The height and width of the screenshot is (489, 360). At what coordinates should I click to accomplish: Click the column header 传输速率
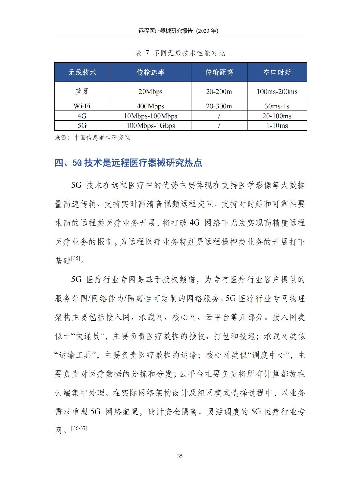point(150,72)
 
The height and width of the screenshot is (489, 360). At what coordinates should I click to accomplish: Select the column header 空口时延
point(277,72)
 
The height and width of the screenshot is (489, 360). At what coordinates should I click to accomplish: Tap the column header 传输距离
point(219,72)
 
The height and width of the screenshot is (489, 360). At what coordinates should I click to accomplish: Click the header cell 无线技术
point(82,72)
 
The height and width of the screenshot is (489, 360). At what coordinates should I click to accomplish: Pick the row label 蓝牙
point(82,91)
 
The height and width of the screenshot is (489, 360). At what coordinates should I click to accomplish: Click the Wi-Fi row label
point(82,106)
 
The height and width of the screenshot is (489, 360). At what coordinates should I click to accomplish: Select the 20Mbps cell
point(150,91)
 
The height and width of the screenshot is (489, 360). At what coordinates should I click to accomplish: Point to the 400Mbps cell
point(150,106)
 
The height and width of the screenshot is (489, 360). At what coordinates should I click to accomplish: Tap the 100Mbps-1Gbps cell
point(151,126)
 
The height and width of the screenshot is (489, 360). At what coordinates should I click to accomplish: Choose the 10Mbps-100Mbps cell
point(150,116)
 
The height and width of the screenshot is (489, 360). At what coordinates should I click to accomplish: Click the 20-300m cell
point(219,106)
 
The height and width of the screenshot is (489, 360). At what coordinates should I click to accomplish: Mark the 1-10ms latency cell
point(277,126)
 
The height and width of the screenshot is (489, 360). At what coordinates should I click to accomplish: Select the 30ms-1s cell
point(277,106)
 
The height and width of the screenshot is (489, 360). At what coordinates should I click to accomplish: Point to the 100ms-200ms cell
point(277,91)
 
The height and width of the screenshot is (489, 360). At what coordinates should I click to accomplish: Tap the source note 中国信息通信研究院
point(102,138)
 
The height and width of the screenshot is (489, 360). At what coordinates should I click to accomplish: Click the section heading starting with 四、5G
point(128,163)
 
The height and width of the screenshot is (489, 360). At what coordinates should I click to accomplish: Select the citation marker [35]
point(76,259)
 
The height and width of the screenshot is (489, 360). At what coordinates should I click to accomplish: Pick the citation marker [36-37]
point(79,428)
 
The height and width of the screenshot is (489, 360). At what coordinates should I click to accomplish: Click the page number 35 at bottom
point(180,456)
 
